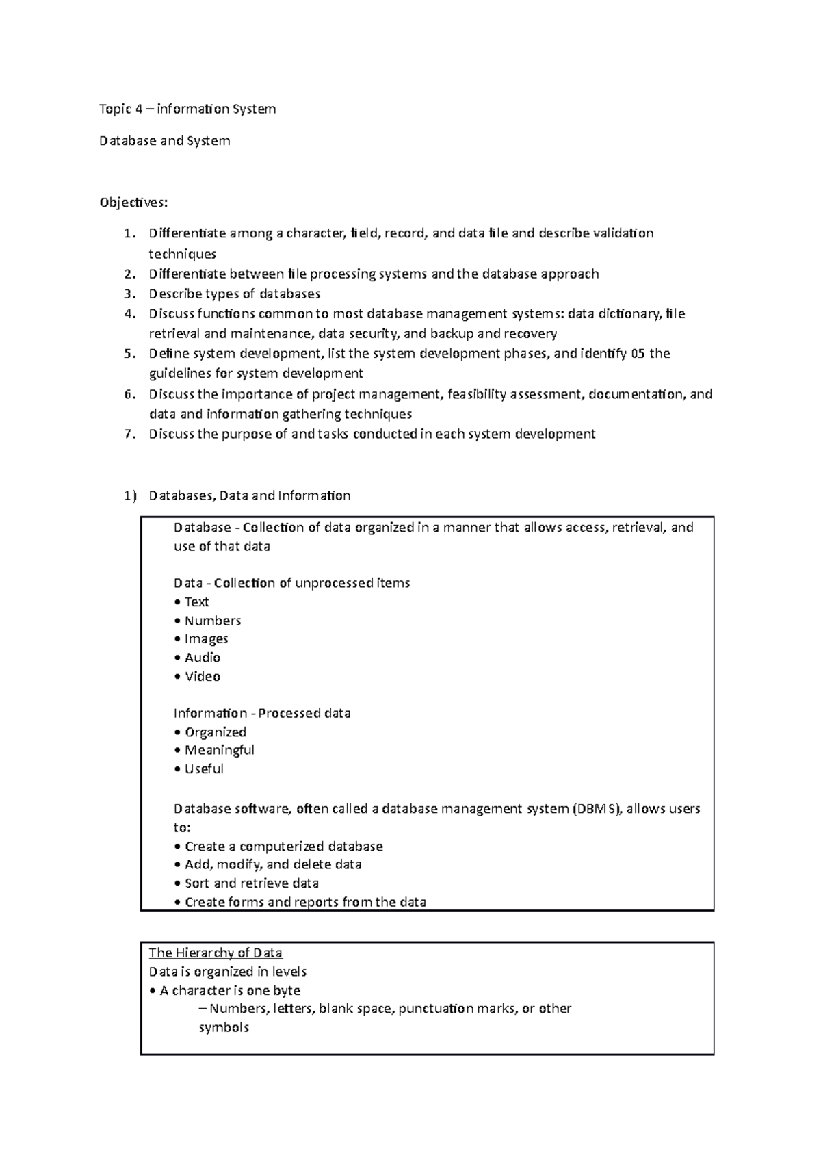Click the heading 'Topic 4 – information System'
click(187, 109)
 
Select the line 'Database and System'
click(164, 141)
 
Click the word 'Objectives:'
click(133, 203)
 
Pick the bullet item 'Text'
click(196, 602)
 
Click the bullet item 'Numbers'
click(212, 621)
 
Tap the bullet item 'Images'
click(206, 639)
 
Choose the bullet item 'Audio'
click(202, 658)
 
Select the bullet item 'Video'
click(202, 677)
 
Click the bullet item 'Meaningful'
click(219, 750)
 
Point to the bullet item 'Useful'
click(204, 769)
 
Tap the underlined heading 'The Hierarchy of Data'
click(216, 953)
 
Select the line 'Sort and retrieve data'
click(251, 883)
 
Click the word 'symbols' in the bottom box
click(224, 1027)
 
